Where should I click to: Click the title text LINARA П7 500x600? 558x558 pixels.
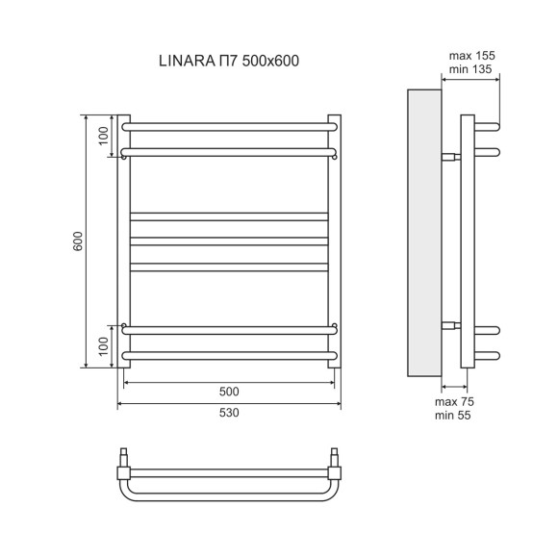pyautogui.click(x=229, y=62)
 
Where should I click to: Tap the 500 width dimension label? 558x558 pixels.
pyautogui.click(x=229, y=392)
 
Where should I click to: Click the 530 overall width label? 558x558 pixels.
pyautogui.click(x=229, y=413)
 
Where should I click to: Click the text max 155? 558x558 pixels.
pyautogui.click(x=471, y=57)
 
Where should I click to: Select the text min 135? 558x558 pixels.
pyautogui.click(x=471, y=70)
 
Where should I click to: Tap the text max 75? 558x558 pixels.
pyautogui.click(x=455, y=400)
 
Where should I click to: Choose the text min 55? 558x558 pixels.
pyautogui.click(x=455, y=415)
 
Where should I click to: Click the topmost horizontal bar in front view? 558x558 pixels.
pyautogui.click(x=229, y=123)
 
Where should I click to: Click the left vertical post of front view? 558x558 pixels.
pyautogui.click(x=123, y=241)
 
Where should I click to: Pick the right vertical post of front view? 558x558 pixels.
pyautogui.click(x=335, y=241)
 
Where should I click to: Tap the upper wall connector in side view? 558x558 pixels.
pyautogui.click(x=450, y=156)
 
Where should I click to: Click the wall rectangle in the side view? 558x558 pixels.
pyautogui.click(x=423, y=231)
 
